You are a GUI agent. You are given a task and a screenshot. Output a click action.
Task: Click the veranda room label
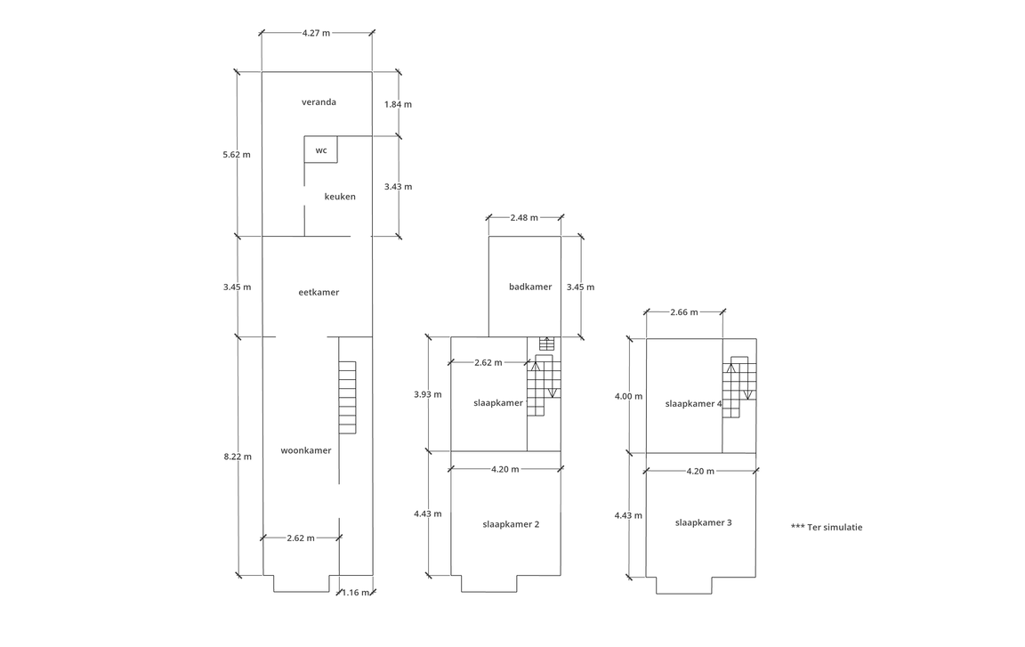click(319, 102)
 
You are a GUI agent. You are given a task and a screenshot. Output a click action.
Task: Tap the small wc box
click(320, 150)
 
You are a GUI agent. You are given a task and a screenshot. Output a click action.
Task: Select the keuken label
click(340, 197)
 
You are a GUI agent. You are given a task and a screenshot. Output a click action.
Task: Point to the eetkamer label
click(319, 292)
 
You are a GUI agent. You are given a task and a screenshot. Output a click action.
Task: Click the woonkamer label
click(305, 450)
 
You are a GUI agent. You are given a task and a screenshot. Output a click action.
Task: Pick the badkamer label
click(530, 287)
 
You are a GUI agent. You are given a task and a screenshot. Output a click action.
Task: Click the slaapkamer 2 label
click(511, 524)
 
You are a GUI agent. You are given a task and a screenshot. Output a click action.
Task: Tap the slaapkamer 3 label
click(703, 522)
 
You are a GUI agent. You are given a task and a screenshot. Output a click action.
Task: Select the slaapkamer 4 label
click(694, 403)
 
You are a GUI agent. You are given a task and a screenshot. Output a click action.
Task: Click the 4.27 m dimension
click(316, 33)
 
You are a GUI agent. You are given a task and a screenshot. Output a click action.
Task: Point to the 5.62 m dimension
click(237, 154)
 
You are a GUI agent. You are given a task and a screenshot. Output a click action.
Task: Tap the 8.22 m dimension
click(238, 457)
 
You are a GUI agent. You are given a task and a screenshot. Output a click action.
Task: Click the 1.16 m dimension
click(358, 592)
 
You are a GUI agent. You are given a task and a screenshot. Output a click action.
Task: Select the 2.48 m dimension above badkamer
click(524, 217)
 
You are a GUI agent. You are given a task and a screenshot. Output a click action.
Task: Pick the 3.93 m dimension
click(428, 394)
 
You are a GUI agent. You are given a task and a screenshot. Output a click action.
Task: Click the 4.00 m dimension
click(628, 396)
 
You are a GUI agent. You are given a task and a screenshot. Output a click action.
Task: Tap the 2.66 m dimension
click(683, 312)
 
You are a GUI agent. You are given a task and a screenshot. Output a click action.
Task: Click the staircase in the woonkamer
click(347, 397)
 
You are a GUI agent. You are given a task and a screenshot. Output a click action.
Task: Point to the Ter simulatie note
click(826, 527)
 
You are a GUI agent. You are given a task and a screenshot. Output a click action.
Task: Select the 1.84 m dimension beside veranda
click(398, 104)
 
